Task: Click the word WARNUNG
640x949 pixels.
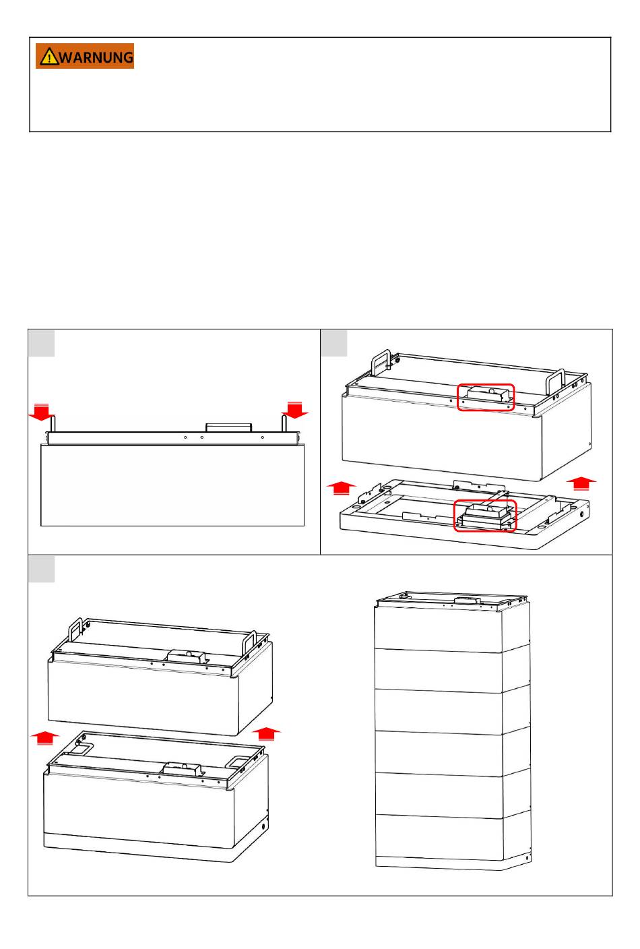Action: coord(96,57)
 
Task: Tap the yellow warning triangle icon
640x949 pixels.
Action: coord(49,57)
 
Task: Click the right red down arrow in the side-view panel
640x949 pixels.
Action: coord(295,410)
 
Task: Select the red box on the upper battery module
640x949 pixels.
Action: coord(486,398)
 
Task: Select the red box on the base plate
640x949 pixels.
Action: coord(485,516)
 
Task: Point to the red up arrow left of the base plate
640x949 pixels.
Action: coord(342,487)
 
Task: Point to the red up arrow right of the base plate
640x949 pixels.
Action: coord(581,483)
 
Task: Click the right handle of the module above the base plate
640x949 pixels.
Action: coord(555,381)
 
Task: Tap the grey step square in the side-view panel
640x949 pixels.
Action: coord(42,343)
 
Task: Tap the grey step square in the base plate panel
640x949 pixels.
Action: coord(334,343)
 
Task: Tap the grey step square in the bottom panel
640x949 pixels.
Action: coord(42,570)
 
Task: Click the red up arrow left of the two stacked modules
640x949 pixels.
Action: coord(45,738)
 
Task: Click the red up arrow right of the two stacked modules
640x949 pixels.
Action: coord(266,733)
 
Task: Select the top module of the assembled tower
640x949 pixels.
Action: coord(452,622)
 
